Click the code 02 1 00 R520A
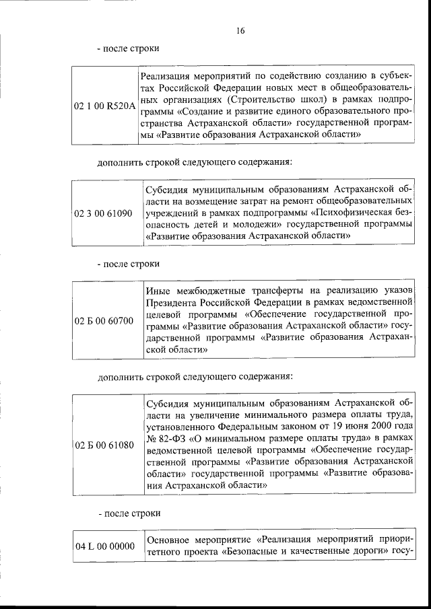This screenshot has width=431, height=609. tap(104, 106)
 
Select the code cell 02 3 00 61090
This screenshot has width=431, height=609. tap(104, 213)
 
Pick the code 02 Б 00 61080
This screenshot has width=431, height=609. tap(104, 445)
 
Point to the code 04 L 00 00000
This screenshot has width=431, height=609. tap(104, 546)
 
